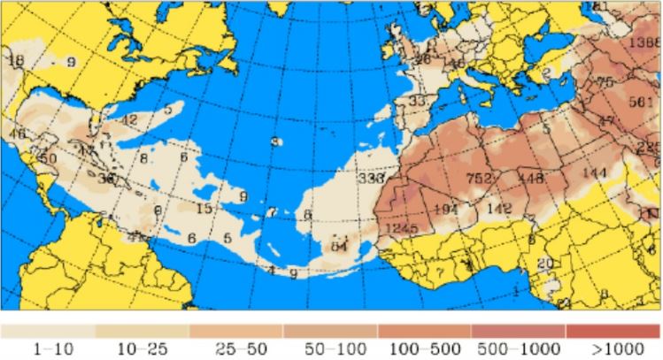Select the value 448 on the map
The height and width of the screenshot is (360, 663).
(530, 179)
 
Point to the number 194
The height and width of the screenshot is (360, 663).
(445, 208)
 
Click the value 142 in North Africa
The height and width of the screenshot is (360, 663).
(500, 208)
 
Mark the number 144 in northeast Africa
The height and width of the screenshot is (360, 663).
(595, 172)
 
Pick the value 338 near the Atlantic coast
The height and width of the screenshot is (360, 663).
(371, 178)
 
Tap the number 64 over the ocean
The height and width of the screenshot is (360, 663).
(339, 245)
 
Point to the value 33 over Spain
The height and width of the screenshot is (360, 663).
(417, 101)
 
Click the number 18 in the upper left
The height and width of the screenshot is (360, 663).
(15, 60)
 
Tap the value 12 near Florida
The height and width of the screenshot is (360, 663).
(129, 119)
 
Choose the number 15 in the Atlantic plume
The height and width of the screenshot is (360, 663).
(204, 209)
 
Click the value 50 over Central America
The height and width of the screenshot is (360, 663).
(48, 158)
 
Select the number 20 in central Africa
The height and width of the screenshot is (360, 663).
(545, 263)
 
